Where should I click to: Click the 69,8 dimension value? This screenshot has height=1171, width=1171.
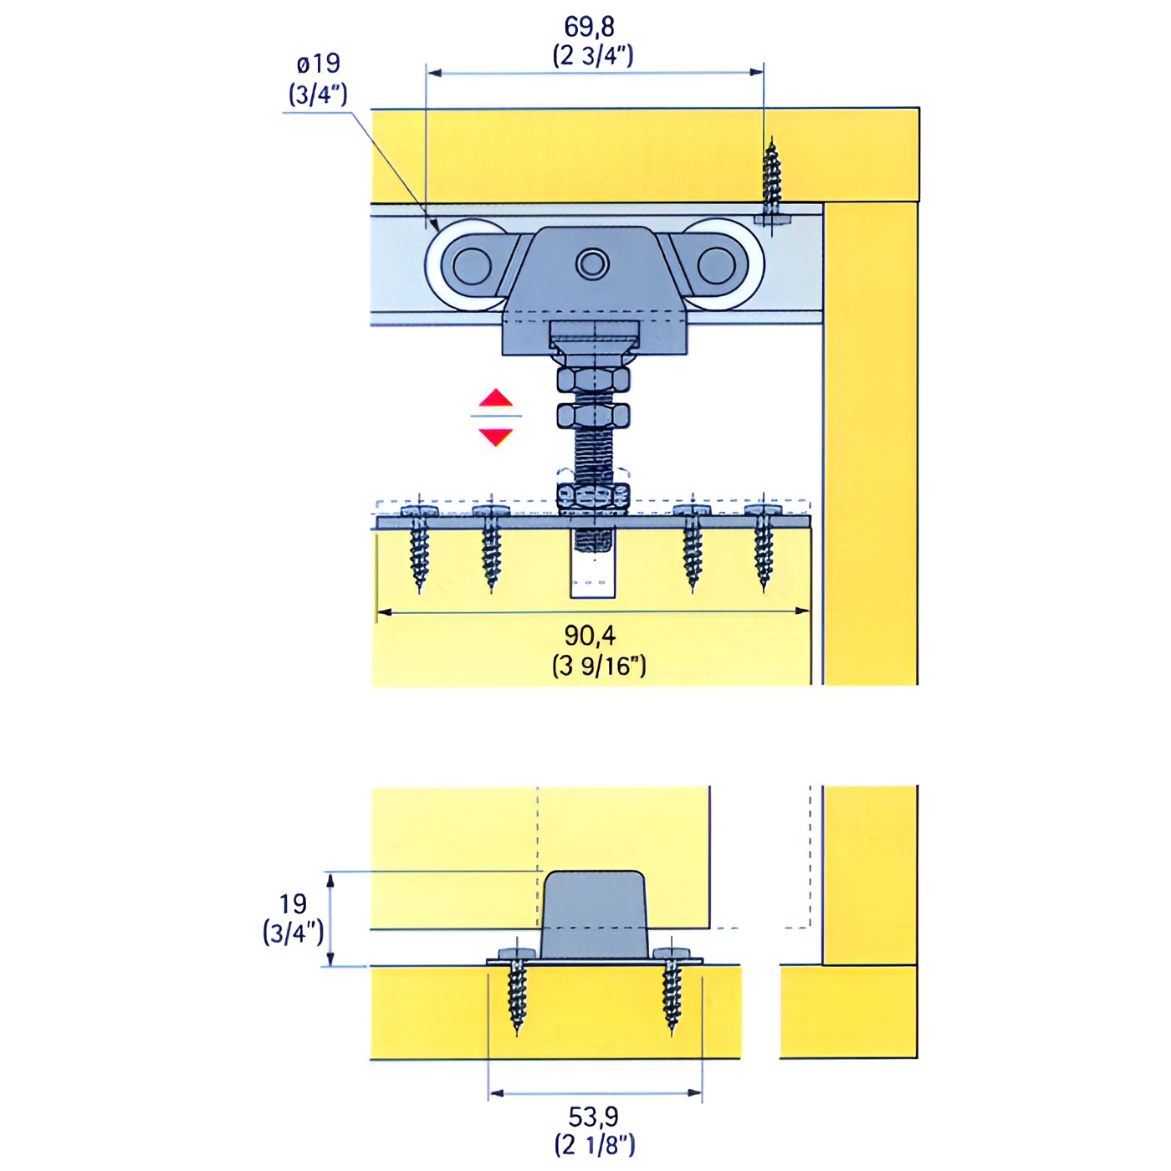click(589, 28)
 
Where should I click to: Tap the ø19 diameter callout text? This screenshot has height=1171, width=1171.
click(318, 64)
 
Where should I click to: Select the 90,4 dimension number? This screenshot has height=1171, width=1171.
click(590, 636)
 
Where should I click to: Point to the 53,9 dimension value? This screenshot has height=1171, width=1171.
click(593, 1117)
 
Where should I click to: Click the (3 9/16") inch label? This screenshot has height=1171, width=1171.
click(599, 667)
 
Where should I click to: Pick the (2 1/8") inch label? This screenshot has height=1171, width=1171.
click(595, 1146)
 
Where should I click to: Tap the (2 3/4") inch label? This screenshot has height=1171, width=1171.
click(592, 57)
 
